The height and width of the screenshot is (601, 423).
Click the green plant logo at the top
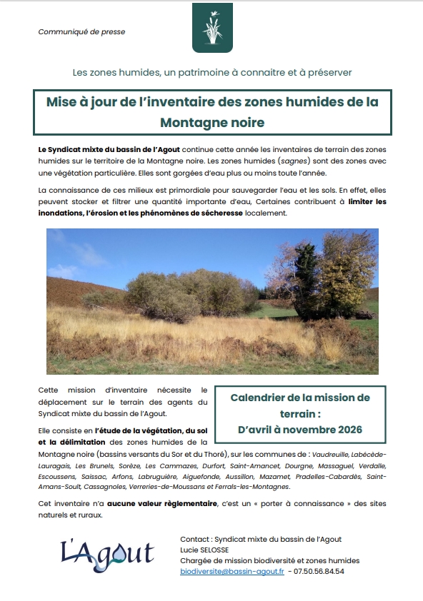click(x=212, y=28)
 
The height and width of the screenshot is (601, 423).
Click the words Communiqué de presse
click(x=71, y=31)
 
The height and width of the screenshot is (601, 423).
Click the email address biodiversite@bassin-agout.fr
click(x=232, y=571)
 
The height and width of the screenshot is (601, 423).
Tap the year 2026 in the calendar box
click(x=347, y=430)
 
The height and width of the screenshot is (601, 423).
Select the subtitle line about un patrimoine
click(x=212, y=73)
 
